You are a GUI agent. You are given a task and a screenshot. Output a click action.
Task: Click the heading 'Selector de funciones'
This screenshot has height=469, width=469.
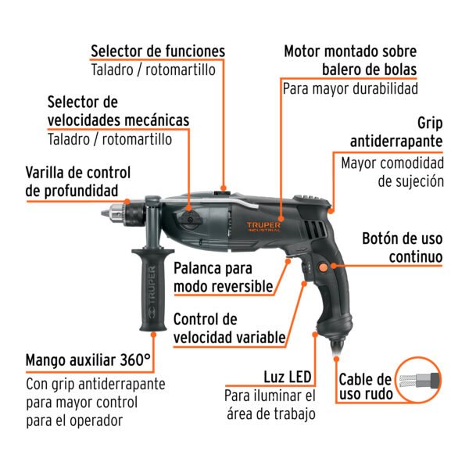(157, 52)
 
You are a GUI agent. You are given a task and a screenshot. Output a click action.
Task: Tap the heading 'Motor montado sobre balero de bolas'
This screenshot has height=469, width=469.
(349, 61)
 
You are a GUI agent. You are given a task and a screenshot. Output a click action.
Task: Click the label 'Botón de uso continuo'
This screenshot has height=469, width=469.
(403, 247)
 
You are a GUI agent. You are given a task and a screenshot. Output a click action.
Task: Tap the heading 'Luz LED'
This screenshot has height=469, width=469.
(288, 376)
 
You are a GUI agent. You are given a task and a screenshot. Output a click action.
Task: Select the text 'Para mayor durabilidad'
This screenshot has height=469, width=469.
(350, 88)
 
